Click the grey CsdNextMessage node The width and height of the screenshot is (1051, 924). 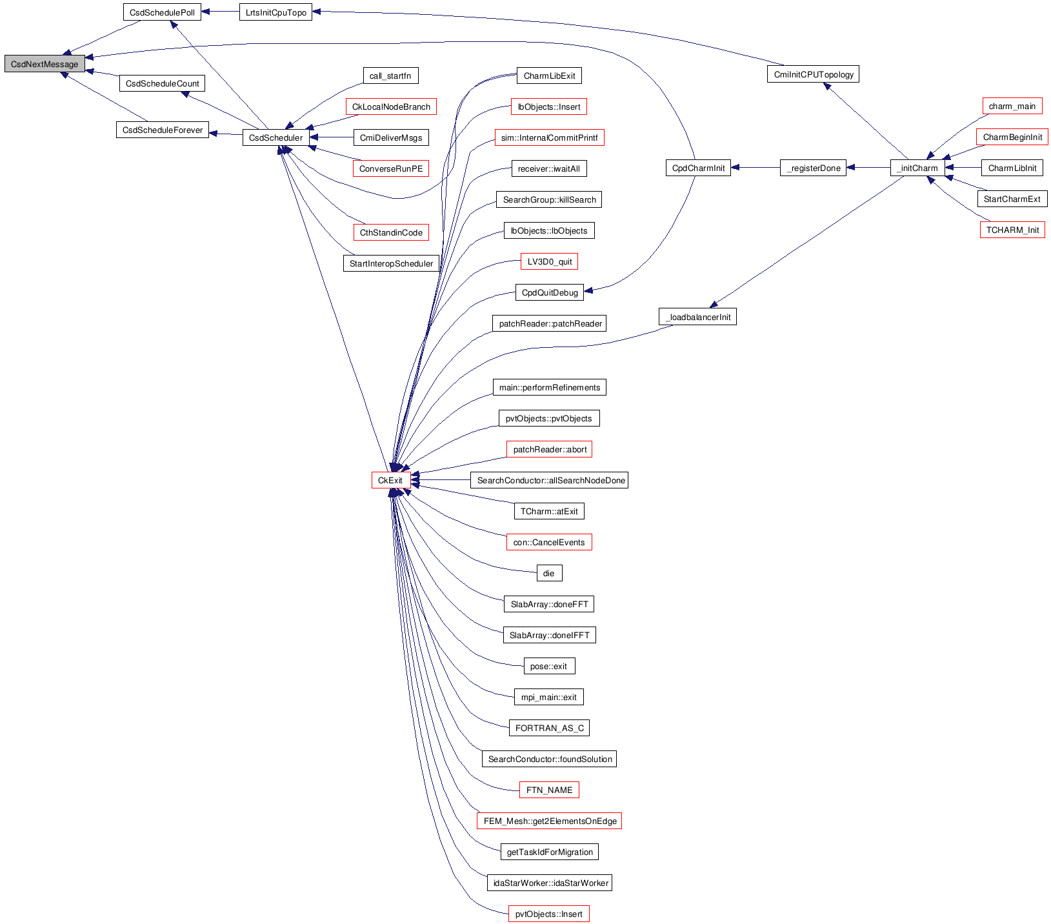click(45, 64)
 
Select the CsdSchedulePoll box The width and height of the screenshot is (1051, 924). click(162, 12)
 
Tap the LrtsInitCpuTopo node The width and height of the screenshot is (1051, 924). click(275, 12)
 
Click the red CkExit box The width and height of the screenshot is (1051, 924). click(390, 480)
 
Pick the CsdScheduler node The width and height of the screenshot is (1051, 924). click(275, 137)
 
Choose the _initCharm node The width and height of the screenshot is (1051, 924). click(917, 168)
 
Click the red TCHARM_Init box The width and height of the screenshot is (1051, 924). click(1012, 230)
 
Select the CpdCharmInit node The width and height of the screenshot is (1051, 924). click(698, 168)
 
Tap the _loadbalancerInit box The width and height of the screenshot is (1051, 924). click(697, 317)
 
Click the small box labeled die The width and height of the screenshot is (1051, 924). click(549, 573)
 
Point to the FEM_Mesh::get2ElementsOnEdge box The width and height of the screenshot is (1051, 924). click(550, 821)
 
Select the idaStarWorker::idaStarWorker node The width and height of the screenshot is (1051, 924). click(550, 883)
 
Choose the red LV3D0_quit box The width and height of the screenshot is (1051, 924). click(550, 261)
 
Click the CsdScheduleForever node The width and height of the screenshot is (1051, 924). click(162, 130)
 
